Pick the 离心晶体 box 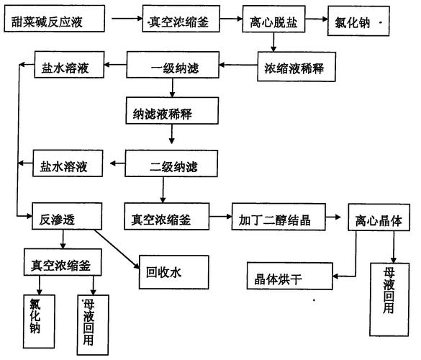380,219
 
